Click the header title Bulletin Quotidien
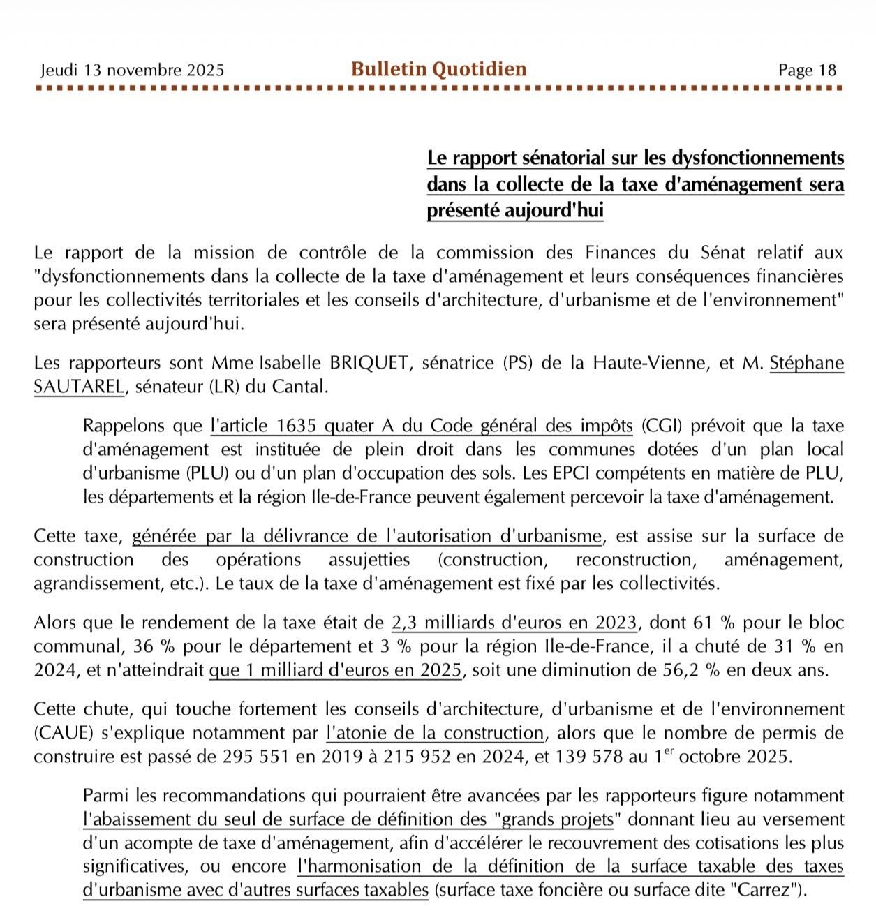(x=438, y=69)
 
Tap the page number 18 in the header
(x=827, y=70)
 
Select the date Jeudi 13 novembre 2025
(x=133, y=70)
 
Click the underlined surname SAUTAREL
(x=79, y=387)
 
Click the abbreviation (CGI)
(x=660, y=426)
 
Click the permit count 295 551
(x=256, y=757)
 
